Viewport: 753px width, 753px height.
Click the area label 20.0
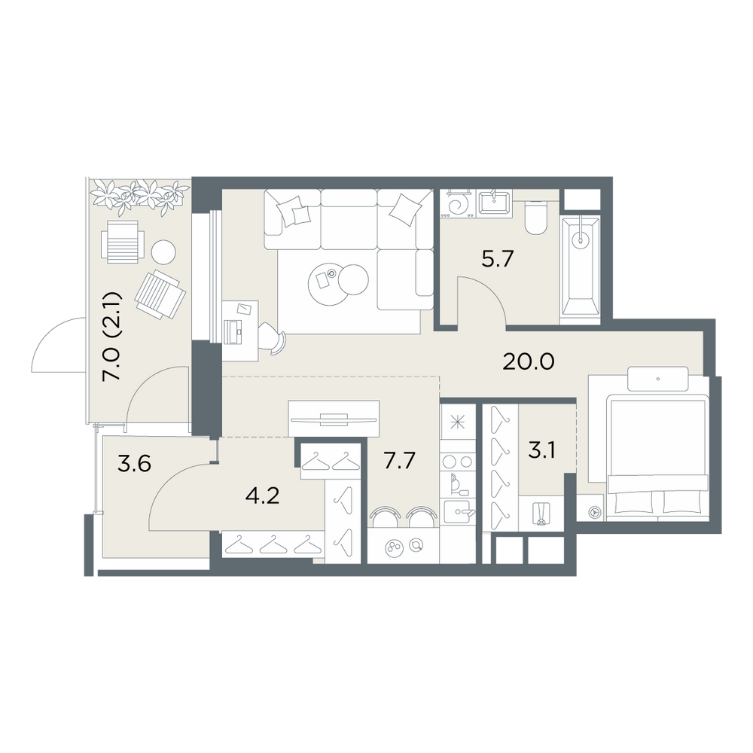529,361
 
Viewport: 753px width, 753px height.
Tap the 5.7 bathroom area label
498,259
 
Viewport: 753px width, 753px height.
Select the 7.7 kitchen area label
399,460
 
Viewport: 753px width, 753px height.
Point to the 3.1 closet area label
541,451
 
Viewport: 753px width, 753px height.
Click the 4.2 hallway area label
262,495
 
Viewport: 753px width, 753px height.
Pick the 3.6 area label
135,464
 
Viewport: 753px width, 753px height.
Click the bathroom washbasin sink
495,203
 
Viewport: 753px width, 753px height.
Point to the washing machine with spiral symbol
458,203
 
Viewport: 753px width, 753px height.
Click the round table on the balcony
163,252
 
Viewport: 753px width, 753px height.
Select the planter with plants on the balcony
139,196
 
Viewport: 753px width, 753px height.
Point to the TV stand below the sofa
334,419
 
